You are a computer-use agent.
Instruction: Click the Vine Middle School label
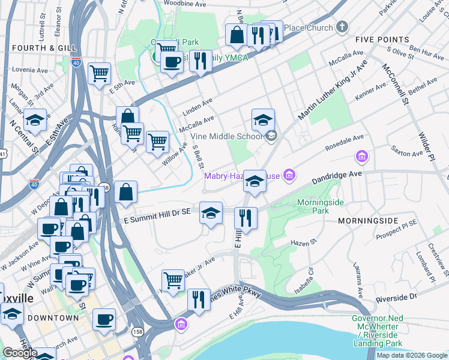coord(226,136)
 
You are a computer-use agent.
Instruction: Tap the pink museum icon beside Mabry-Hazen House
coord(289,175)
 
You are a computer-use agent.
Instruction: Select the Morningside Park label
coord(321,206)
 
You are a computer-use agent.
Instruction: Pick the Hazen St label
coord(303,242)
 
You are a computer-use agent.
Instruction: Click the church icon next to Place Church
coord(342,27)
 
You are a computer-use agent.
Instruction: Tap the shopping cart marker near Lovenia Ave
coord(99,74)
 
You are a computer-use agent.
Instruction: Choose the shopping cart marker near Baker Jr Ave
coord(173,280)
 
